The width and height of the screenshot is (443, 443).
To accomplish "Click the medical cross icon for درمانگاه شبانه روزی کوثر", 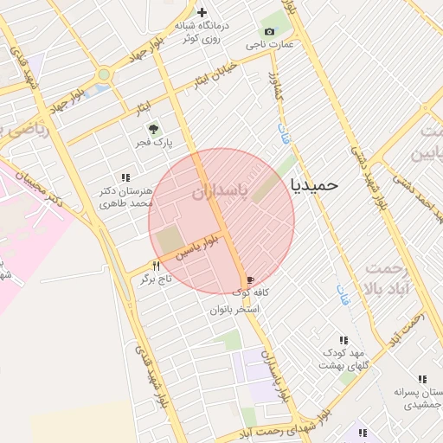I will click(x=202, y=12).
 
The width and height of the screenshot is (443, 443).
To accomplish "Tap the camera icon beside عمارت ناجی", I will click(x=269, y=32).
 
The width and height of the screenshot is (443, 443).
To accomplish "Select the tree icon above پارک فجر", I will click(x=156, y=129).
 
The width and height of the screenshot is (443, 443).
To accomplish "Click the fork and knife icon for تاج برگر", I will click(x=157, y=266).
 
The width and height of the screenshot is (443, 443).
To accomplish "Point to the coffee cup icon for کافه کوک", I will click(x=251, y=280).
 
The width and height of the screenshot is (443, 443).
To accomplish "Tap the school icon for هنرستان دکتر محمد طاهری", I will click(x=126, y=177).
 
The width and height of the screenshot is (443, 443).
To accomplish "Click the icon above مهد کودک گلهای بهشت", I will click(x=343, y=340).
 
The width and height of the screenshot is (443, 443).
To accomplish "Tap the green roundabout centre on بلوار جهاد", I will click(x=105, y=75).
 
